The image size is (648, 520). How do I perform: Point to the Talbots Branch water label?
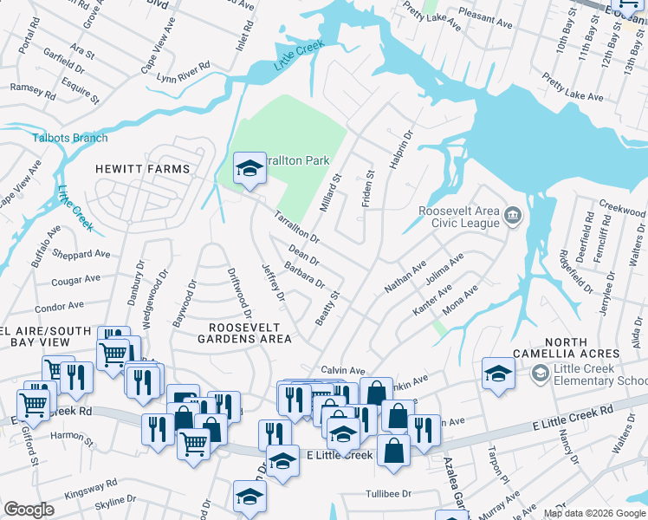pyautogui.click(x=70, y=138)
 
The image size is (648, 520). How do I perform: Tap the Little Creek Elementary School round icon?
pyautogui.click(x=541, y=374)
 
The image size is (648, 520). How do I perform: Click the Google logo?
pyautogui.click(x=29, y=510)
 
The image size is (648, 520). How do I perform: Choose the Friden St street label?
pyautogui.click(x=367, y=184)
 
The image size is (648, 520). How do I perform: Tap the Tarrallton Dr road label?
pyautogui.click(x=297, y=228)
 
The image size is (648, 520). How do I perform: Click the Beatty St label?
pyautogui.click(x=327, y=309)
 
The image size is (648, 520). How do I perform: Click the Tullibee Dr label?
pyautogui.click(x=399, y=493)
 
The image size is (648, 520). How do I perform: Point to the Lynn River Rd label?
pyautogui.click(x=184, y=72)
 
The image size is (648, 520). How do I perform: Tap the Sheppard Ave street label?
pyautogui.click(x=81, y=254)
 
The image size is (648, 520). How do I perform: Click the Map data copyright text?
pyautogui.click(x=593, y=513)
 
